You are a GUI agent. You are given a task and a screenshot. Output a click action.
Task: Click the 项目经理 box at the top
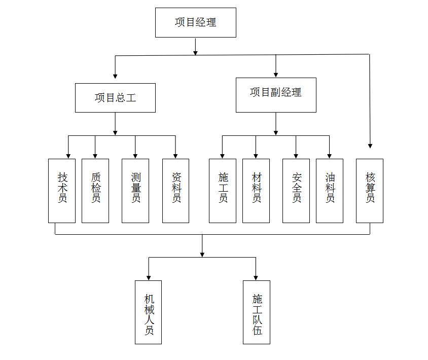pos(195,22)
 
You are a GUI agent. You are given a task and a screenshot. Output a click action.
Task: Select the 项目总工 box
pos(115,97)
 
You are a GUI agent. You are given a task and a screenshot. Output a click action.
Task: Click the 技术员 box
pos(62,191)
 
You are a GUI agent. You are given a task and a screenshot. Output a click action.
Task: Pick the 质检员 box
pos(95,191)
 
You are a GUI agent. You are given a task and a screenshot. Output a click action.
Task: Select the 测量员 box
pos(135,191)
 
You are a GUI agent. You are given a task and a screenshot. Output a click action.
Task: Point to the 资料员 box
pos(175,191)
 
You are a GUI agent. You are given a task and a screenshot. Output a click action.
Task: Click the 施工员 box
pos(223,191)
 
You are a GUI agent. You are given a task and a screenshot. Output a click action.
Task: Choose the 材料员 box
pos(256,191)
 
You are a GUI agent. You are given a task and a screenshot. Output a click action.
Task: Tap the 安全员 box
pos(296,191)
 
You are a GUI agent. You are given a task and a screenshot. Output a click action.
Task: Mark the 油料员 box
pos(330,191)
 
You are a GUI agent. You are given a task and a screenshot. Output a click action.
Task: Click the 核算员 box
pos(370,191)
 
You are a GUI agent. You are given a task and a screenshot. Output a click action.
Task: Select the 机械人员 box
pos(149,312)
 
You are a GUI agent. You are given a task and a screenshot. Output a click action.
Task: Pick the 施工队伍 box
pos(256,312)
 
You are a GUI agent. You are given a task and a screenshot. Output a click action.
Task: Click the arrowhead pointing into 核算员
pos(370,146)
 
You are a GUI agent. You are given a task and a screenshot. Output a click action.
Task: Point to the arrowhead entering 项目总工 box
pos(115,76)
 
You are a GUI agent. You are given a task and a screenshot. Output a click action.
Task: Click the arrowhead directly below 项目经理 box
pos(195,52)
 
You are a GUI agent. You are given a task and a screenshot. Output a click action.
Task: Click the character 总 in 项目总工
pos(120,97)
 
